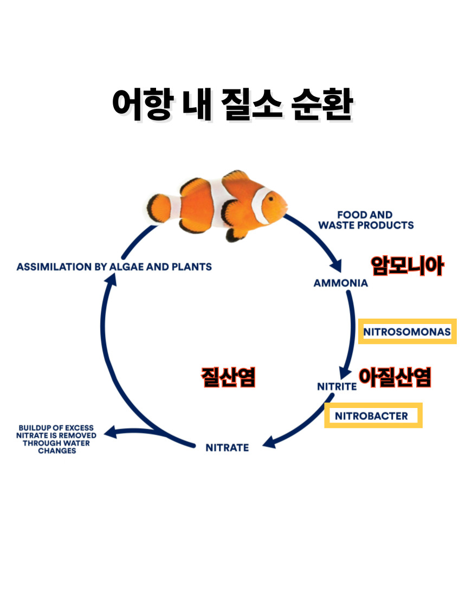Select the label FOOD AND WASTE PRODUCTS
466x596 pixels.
366,220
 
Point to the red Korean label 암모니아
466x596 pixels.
407,266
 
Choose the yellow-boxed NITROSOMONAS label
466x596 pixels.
407,332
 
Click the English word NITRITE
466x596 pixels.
336,387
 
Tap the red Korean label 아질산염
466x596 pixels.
395,378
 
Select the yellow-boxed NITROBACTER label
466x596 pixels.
373,416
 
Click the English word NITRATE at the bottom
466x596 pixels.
227,448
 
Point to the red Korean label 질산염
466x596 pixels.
228,378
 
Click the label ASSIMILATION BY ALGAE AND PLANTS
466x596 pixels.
114,267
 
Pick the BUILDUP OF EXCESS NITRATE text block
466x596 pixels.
57,439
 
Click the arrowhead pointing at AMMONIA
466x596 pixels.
335,265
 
